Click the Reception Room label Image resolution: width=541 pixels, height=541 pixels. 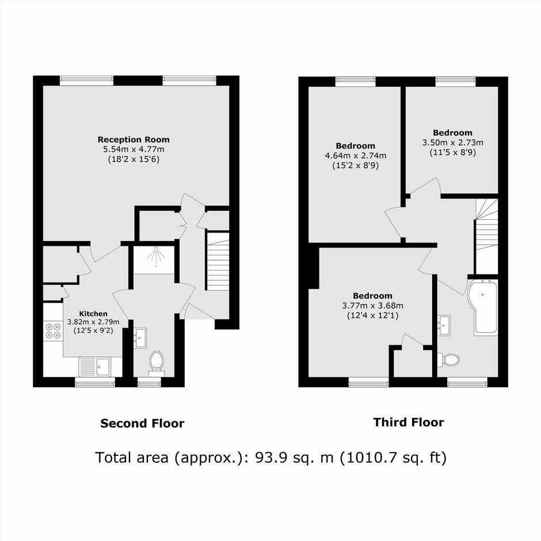click(134, 140)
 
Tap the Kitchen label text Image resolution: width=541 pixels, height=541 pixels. click(93, 314)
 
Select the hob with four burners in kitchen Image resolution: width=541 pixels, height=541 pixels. click(53, 330)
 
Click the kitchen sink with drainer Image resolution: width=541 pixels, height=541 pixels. click(95, 367)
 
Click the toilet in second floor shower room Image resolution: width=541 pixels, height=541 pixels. click(157, 364)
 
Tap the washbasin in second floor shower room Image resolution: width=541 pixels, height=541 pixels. click(140, 338)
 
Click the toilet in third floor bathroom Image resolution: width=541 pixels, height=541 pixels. click(449, 360)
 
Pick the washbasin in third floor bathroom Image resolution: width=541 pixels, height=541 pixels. click(444, 325)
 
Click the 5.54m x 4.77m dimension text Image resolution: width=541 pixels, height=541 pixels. click(134, 150)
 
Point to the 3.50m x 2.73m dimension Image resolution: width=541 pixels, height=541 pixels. click(453, 143)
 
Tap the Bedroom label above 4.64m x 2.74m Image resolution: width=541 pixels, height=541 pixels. click(355, 146)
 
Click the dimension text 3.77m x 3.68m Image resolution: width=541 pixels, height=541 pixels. click(372, 306)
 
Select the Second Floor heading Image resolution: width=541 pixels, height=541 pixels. click(142, 424)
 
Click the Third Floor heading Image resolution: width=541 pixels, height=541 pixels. click(409, 422)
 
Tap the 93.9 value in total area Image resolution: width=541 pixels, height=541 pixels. click(270, 458)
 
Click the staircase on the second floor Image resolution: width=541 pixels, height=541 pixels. click(218, 261)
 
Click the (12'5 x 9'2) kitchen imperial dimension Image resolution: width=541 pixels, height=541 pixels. click(93, 330)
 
